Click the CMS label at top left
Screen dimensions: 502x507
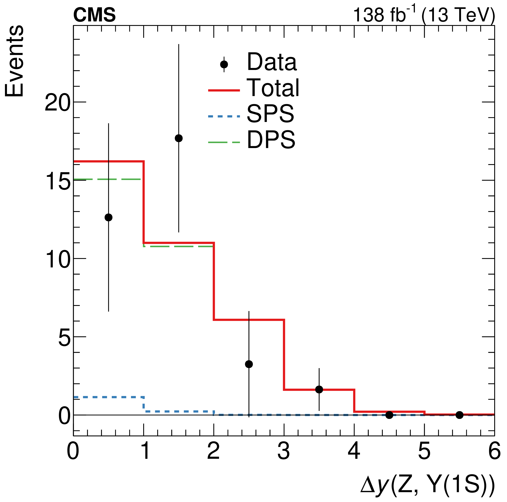point(94,15)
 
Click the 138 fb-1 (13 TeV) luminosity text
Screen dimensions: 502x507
point(424,15)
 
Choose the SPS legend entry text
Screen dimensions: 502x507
point(270,114)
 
